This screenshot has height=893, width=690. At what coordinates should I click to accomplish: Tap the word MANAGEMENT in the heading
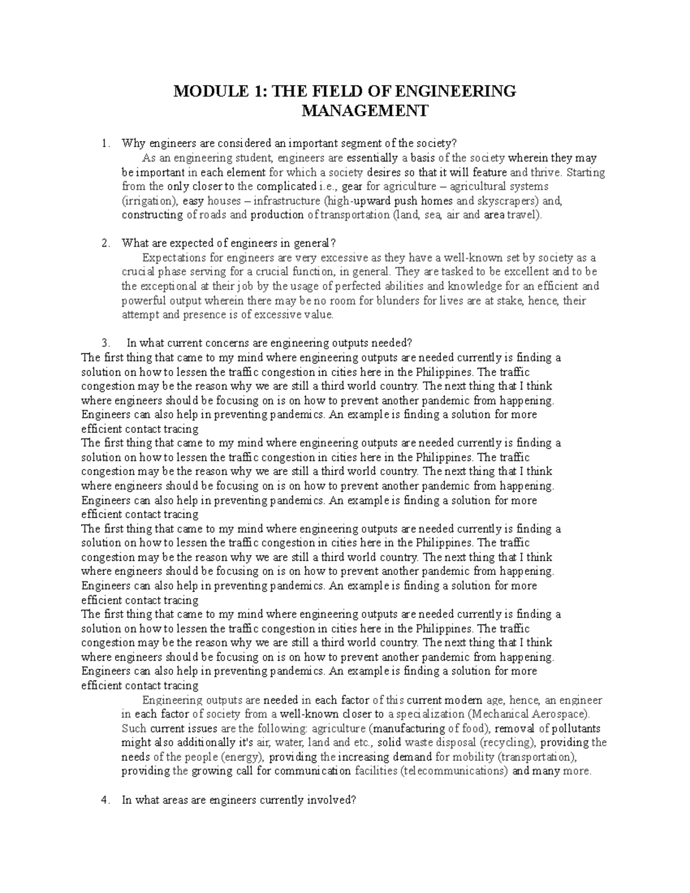click(365, 110)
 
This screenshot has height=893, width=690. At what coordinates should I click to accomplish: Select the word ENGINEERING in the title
click(462, 91)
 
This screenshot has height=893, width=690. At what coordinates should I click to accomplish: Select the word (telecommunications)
click(454, 771)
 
